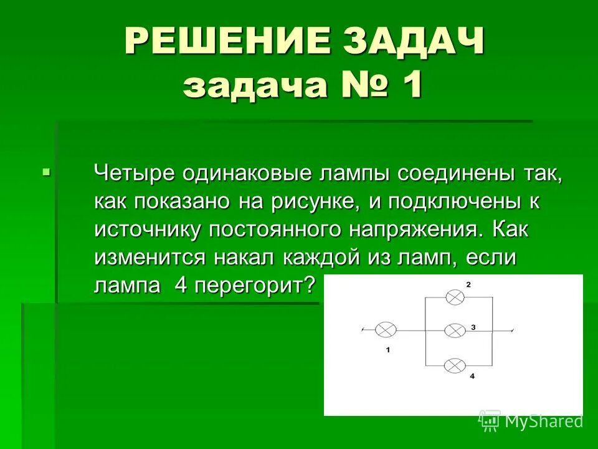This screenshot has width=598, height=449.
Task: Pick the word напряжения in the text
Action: [415, 229]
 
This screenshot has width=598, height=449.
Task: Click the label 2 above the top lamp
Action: [468, 284]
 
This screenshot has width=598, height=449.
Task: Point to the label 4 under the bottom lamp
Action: [472, 377]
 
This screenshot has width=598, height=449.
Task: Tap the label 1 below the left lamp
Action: [387, 350]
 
